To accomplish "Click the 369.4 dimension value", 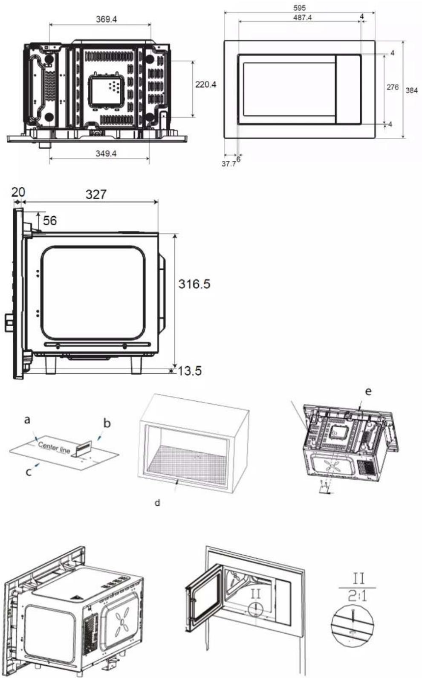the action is pyautogui.click(x=107, y=19).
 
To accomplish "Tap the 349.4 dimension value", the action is pyautogui.click(x=106, y=153).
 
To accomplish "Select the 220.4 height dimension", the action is pyautogui.click(x=206, y=84).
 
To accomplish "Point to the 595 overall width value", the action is pyautogui.click(x=300, y=8).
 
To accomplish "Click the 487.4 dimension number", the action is pyautogui.click(x=302, y=17).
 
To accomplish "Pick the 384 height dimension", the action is pyautogui.click(x=412, y=90).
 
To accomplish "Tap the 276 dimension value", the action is pyautogui.click(x=393, y=87).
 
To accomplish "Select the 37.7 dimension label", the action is pyautogui.click(x=229, y=164).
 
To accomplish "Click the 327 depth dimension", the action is pyautogui.click(x=96, y=194).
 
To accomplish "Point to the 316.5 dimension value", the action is pyautogui.click(x=194, y=284).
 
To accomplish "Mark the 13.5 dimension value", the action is pyautogui.click(x=189, y=371).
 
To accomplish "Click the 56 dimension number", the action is pyautogui.click(x=50, y=220).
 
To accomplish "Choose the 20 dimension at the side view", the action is pyautogui.click(x=18, y=192).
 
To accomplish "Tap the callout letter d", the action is pyautogui.click(x=157, y=503).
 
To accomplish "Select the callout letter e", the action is pyautogui.click(x=368, y=392).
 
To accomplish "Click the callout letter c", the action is pyautogui.click(x=29, y=472).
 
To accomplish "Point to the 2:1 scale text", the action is pyautogui.click(x=357, y=596).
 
